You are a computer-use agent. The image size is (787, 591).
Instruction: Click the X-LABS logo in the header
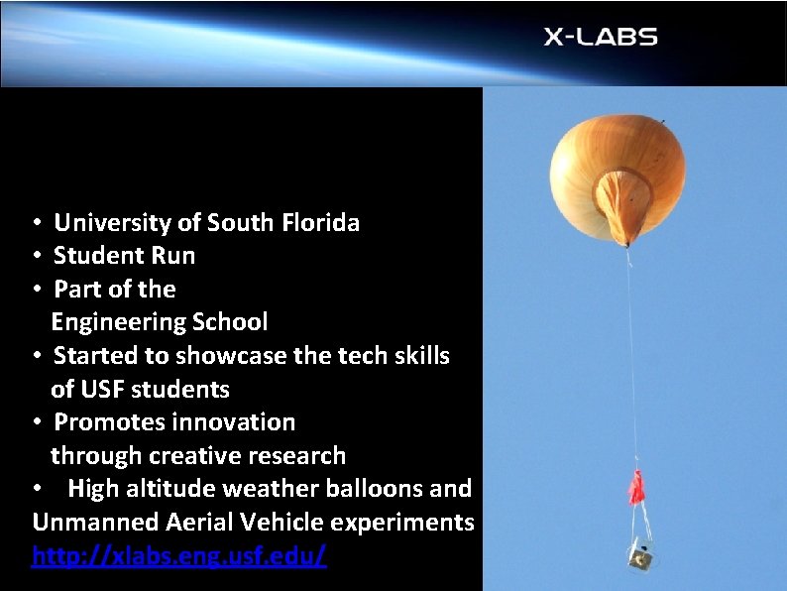click(600, 38)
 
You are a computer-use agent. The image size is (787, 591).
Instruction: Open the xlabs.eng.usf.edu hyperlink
click(178, 556)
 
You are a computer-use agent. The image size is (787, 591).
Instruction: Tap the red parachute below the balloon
click(635, 489)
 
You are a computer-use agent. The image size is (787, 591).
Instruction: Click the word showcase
click(217, 356)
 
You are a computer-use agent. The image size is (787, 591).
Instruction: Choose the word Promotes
click(109, 422)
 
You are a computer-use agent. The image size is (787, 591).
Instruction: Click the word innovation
click(234, 422)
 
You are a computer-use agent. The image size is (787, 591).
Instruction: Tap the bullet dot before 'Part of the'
click(35, 290)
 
